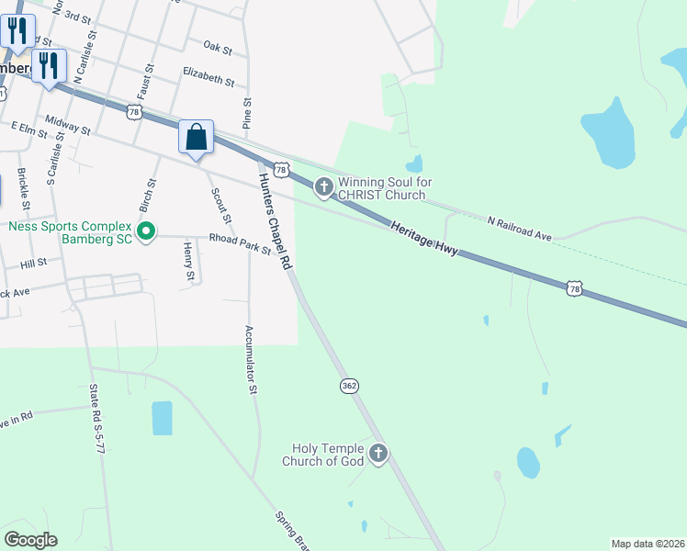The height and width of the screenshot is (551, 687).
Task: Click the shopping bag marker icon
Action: (x=196, y=138)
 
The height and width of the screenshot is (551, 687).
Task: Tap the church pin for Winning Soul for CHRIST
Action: (x=323, y=187)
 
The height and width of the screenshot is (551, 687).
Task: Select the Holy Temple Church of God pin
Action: (x=378, y=453)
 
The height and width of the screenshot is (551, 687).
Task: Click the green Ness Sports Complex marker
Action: (x=145, y=232)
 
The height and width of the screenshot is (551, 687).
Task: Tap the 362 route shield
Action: (x=349, y=386)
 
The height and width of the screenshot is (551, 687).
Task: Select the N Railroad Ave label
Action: (x=520, y=229)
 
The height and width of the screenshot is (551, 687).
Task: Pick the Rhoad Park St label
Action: (x=240, y=243)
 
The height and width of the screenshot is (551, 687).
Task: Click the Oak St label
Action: (x=218, y=46)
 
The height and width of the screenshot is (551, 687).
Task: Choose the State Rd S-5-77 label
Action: (x=98, y=429)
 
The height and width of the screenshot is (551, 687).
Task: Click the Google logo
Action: (x=30, y=540)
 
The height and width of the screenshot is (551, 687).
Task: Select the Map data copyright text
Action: (x=647, y=544)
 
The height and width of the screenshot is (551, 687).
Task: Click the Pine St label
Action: (x=247, y=113)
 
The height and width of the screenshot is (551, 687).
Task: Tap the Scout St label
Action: (x=220, y=206)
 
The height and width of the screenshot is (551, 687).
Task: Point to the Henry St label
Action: (x=188, y=262)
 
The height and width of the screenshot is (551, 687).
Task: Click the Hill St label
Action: (x=33, y=263)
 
